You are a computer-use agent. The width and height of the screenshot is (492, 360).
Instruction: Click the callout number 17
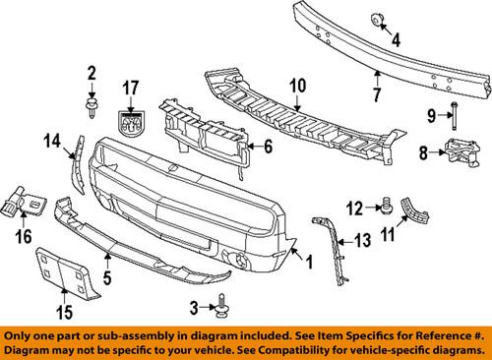point(131,88)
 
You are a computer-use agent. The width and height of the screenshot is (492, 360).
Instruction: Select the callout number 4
point(397,40)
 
